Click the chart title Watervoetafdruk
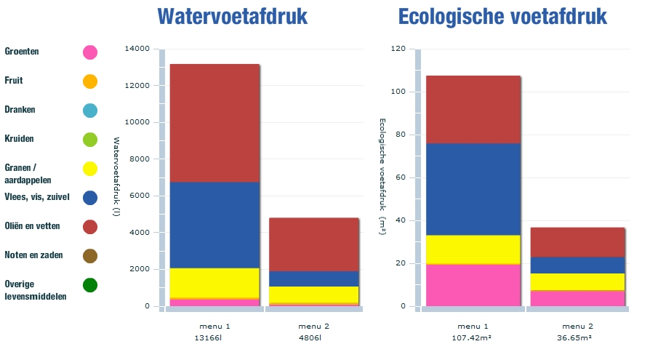[x=233, y=17]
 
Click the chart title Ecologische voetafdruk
[x=502, y=17]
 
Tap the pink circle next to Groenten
[x=90, y=52]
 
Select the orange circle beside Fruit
[x=90, y=81]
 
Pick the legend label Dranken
[x=20, y=110]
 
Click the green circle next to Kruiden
[x=90, y=139]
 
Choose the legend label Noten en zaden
[x=33, y=255]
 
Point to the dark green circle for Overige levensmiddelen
[x=90, y=284]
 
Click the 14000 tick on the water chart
[x=137, y=49]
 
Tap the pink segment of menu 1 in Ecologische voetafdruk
[x=473, y=285]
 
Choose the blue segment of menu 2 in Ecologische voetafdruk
[x=578, y=265]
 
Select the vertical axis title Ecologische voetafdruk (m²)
[x=382, y=176]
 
